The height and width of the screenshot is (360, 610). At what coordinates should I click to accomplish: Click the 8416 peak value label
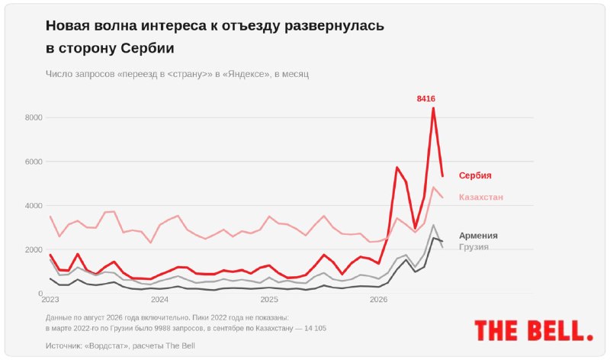point(426,99)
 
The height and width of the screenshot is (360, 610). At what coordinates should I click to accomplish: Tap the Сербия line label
point(475,175)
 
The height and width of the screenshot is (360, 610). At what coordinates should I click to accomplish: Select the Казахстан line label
point(481,197)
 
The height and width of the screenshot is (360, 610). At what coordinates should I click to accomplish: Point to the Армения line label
point(478,236)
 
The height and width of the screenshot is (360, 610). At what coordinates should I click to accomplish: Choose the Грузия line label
point(474,247)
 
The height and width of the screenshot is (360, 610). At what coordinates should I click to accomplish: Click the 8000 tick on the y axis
point(34,117)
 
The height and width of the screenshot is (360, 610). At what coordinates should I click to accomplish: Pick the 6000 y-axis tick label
point(34,162)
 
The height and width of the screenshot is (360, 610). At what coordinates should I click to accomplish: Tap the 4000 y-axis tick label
point(34,205)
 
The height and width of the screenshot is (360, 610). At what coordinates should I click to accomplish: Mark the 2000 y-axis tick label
point(34,249)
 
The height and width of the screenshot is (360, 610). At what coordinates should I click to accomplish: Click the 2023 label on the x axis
point(50,299)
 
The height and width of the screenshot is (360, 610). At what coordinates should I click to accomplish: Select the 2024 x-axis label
point(159,299)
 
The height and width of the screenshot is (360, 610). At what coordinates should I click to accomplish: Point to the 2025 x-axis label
point(269,299)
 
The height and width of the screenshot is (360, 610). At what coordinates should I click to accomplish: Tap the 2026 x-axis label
point(378,299)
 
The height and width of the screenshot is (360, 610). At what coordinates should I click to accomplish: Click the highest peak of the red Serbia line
point(433,108)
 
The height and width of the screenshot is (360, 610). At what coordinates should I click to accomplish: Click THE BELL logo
point(534,330)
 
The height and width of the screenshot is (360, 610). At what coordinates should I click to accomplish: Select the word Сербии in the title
point(147,48)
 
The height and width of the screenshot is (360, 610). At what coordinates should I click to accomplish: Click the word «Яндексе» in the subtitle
point(246,74)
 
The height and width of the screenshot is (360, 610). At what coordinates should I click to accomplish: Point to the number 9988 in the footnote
point(163,328)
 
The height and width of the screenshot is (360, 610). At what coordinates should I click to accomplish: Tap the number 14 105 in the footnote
point(315,328)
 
